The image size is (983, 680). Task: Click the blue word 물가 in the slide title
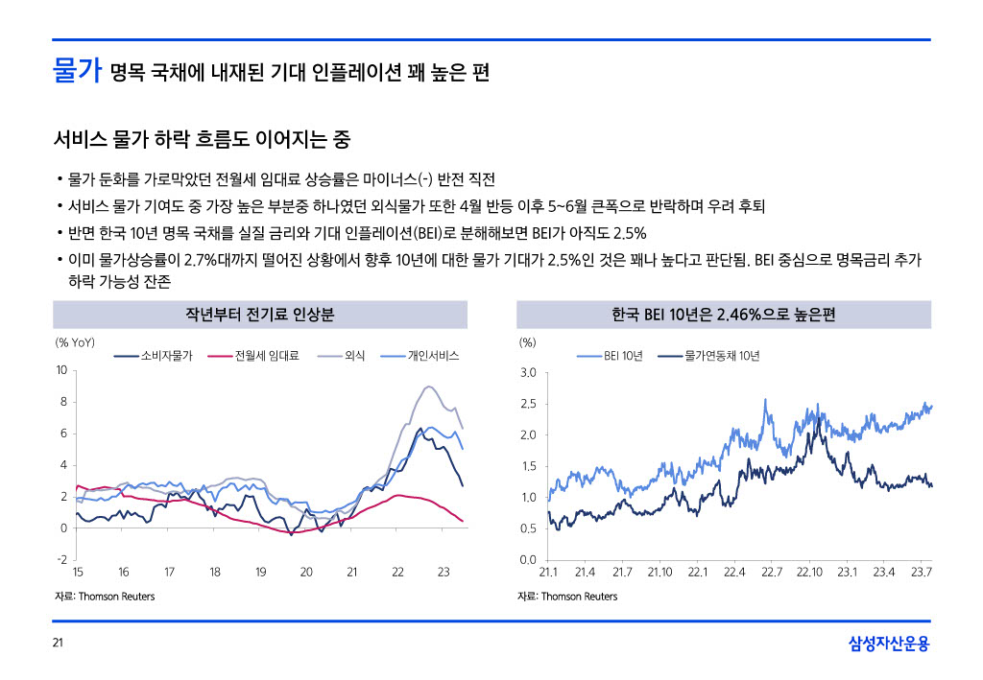click(x=77, y=72)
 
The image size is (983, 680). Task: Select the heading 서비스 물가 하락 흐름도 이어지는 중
click(x=202, y=141)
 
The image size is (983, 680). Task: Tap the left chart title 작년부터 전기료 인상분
click(x=259, y=315)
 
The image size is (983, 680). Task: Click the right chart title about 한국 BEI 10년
click(x=723, y=315)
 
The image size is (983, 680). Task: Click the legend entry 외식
click(x=358, y=356)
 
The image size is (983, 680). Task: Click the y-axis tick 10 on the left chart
click(x=60, y=370)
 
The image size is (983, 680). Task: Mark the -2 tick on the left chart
click(x=61, y=559)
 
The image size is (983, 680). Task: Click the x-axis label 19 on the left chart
click(x=260, y=573)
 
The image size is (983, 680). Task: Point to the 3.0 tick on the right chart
click(x=527, y=373)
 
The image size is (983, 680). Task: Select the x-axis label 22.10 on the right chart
click(x=809, y=573)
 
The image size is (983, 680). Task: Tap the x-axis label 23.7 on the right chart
click(x=922, y=573)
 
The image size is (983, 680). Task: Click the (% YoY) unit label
click(x=75, y=342)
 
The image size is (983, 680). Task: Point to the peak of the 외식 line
click(x=428, y=387)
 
